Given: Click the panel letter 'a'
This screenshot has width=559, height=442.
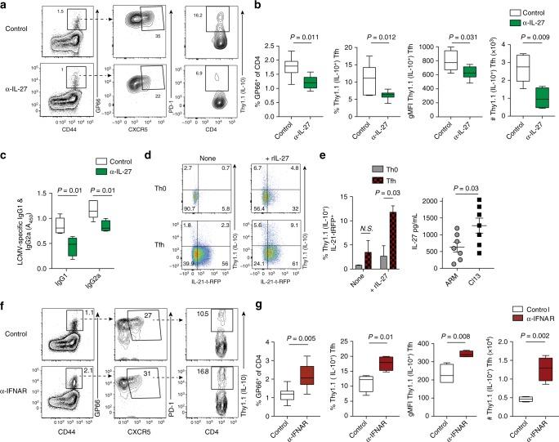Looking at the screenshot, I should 6,7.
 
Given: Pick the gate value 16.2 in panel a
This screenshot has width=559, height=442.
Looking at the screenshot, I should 199,16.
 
